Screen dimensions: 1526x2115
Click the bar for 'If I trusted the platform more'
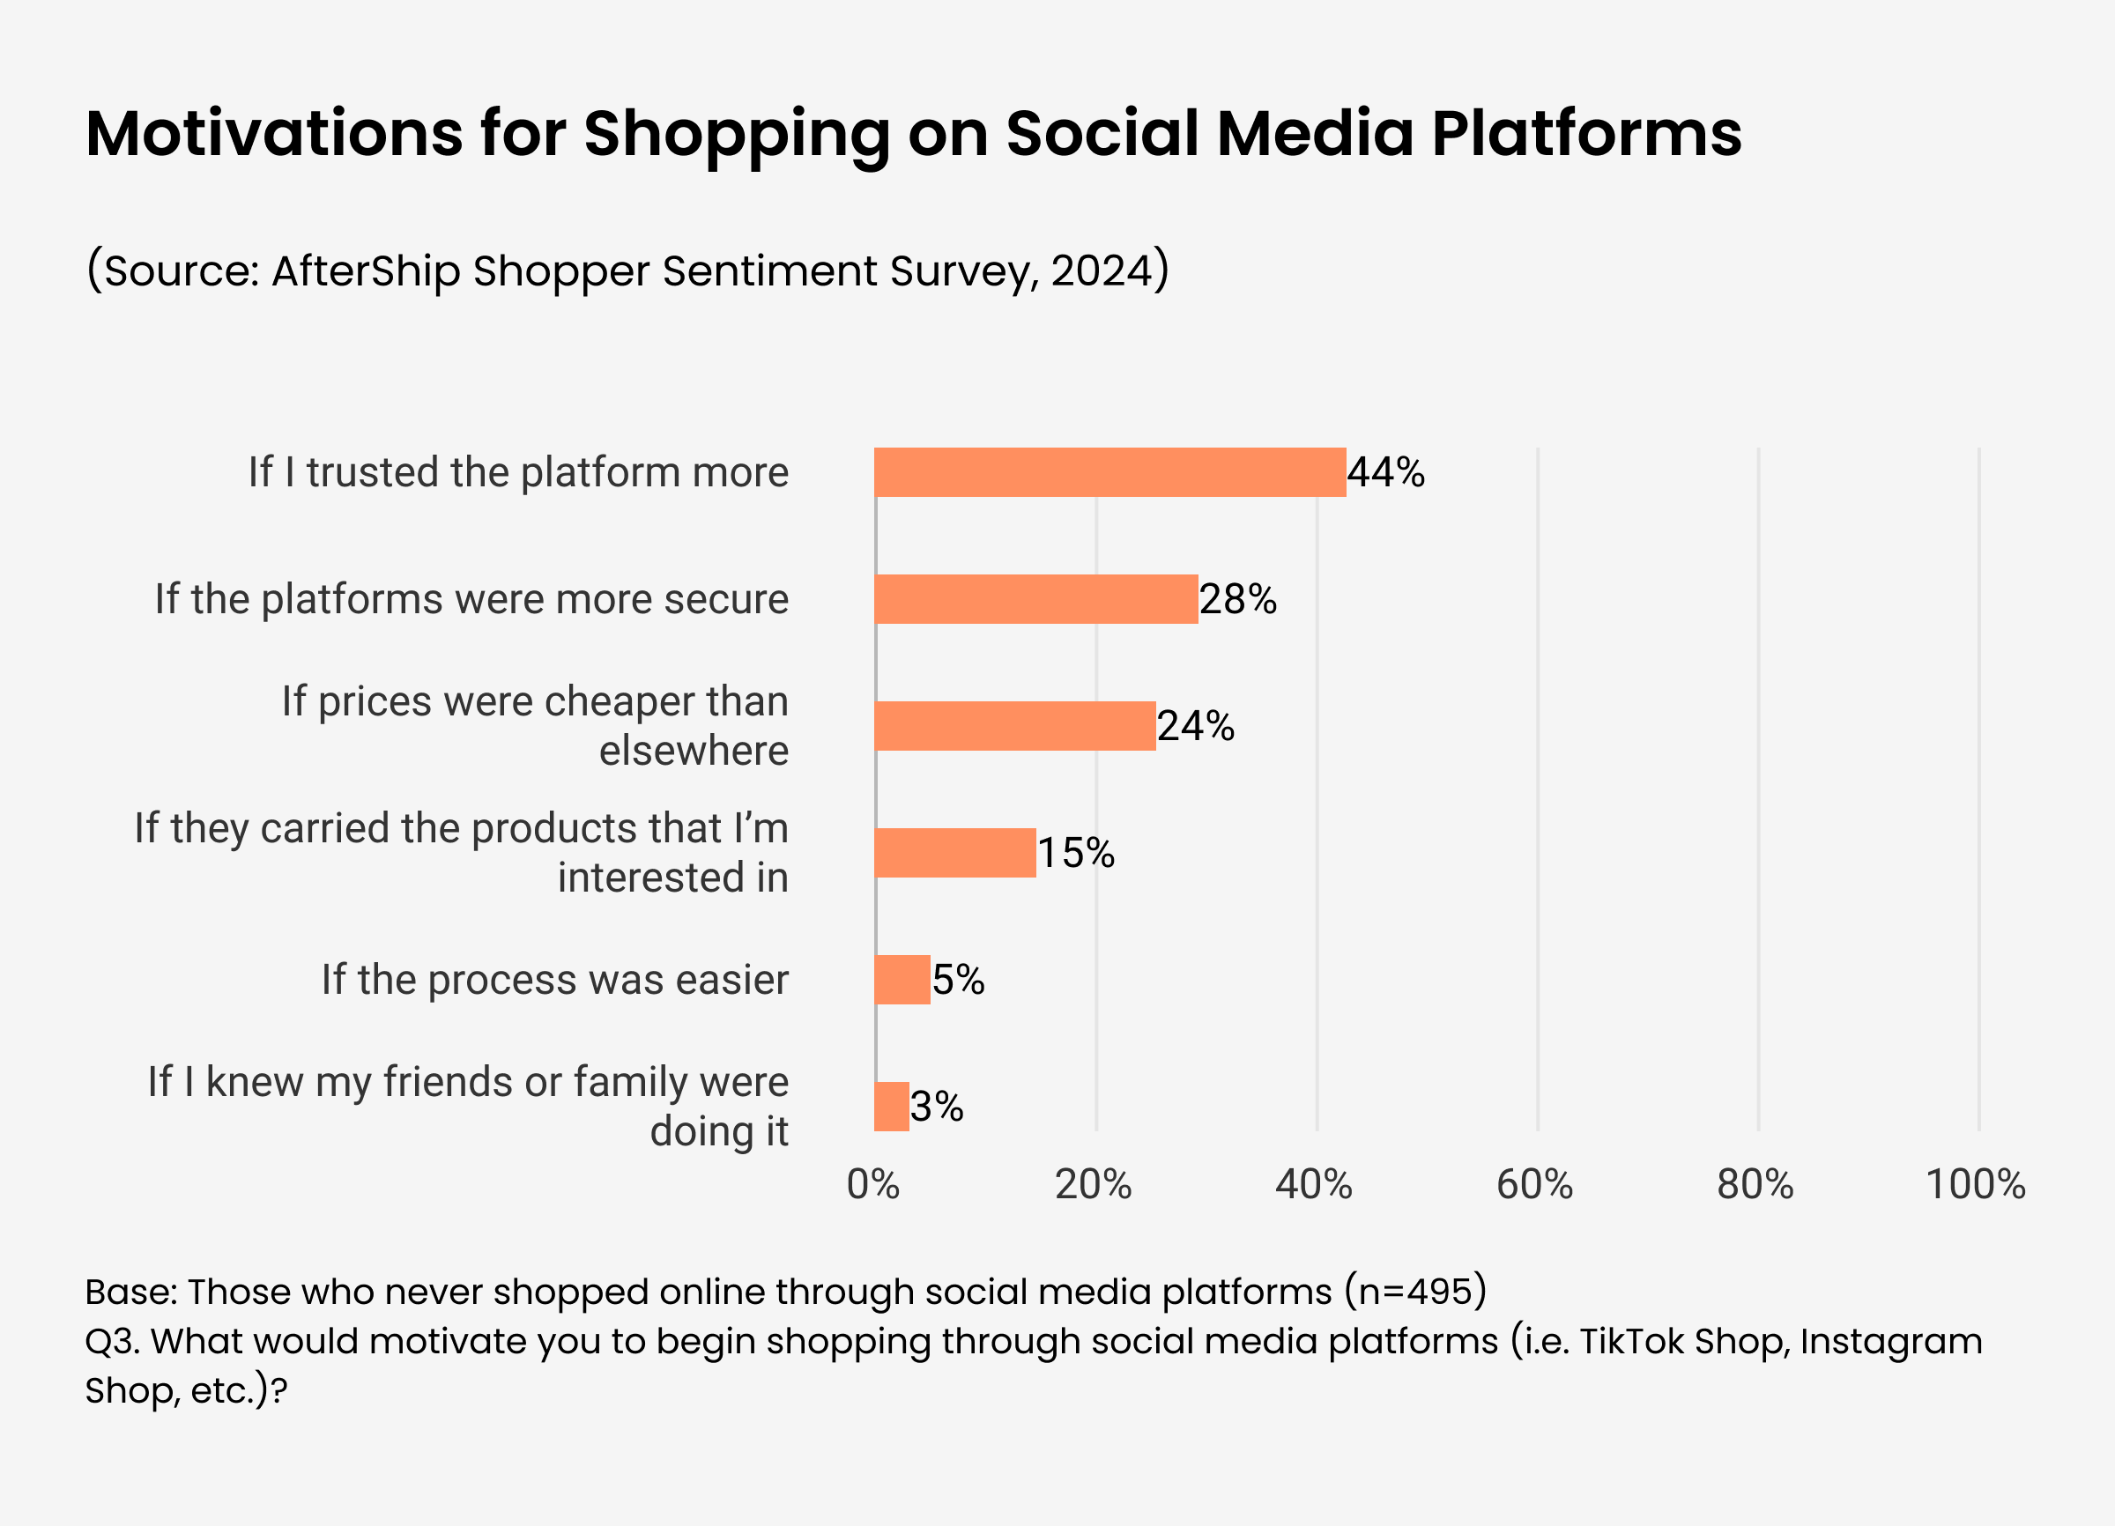pyautogui.click(x=1109, y=472)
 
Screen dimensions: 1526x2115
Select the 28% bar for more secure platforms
pyautogui.click(x=1036, y=599)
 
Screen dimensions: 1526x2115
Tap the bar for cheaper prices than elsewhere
pyautogui.click(x=1014, y=726)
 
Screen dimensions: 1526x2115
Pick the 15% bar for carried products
pyautogui.click(x=955, y=853)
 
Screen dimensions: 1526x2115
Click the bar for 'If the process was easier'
pyautogui.click(x=902, y=980)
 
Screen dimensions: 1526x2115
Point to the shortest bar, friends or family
pyautogui.click(x=892, y=1107)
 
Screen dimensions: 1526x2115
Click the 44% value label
pyautogui.click(x=1385, y=472)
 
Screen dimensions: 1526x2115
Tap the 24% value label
pyautogui.click(x=1196, y=726)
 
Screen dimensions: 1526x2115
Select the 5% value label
pyautogui.click(x=959, y=980)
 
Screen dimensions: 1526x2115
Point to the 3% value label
pyautogui.click(x=936, y=1107)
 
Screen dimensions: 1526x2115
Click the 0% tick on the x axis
pyautogui.click(x=872, y=1185)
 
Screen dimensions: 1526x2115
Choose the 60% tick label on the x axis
pyautogui.click(x=1534, y=1185)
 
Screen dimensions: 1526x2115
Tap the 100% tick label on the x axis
pyautogui.click(x=1975, y=1185)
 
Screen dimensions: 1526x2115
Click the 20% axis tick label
pyautogui.click(x=1093, y=1185)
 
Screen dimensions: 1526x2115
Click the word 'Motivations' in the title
pyautogui.click(x=274, y=133)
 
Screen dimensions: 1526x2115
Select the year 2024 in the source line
pyautogui.click(x=1102, y=271)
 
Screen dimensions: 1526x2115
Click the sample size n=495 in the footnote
pyautogui.click(x=1414, y=1292)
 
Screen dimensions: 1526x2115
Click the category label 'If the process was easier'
pyautogui.click(x=555, y=980)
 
